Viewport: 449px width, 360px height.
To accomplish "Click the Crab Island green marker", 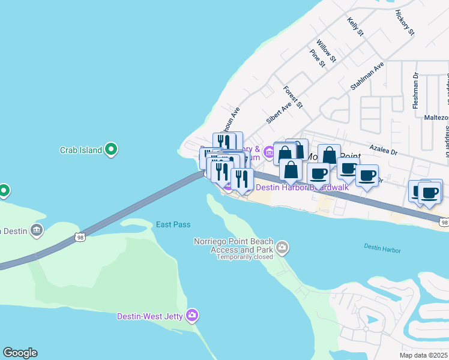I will tap(110, 150).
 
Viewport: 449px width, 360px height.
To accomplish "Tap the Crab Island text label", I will tap(80, 150).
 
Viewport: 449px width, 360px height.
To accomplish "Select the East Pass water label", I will tap(173, 224).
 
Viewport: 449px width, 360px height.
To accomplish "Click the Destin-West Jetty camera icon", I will tap(192, 314).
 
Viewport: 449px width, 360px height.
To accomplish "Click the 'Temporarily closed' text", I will tap(244, 256).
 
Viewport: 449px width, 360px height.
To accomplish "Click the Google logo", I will tap(20, 353).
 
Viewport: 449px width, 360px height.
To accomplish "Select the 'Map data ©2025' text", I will tap(424, 355).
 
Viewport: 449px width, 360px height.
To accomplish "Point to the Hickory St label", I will tap(405, 22).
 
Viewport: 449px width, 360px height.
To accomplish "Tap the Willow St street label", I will tap(327, 52).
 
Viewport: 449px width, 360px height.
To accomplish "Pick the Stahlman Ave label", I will tap(367, 76).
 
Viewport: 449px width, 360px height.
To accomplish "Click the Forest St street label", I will tap(294, 96).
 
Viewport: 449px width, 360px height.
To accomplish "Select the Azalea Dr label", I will tap(384, 152).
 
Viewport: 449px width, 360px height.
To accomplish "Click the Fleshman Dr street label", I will tap(415, 90).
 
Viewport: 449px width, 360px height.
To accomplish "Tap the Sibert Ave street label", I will tap(279, 112).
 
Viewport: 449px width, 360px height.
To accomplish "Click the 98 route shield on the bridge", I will tap(80, 238).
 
